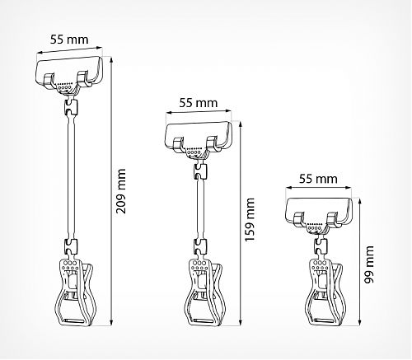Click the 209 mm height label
[121, 191]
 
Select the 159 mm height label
[250, 220]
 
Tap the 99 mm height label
[369, 264]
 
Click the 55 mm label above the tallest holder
[69, 40]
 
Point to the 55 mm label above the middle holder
[199, 103]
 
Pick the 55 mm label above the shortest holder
[318, 179]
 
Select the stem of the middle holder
[200, 209]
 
